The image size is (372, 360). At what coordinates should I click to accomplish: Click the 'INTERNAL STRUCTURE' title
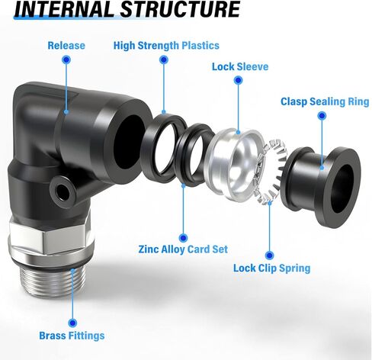pos(127,10)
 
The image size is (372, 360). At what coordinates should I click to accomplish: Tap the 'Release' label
pos(66,46)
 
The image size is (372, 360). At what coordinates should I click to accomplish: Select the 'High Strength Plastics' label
pos(165,46)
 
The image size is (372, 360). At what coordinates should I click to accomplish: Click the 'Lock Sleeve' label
pos(239,66)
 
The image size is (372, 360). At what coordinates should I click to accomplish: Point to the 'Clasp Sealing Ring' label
pos(325,101)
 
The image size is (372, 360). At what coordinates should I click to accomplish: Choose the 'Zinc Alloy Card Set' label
pos(184,249)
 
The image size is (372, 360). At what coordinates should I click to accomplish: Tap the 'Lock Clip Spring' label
pos(272,268)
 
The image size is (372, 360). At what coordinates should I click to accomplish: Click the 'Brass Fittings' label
pos(72,335)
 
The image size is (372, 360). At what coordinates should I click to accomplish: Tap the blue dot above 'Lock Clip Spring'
pos(269,255)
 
